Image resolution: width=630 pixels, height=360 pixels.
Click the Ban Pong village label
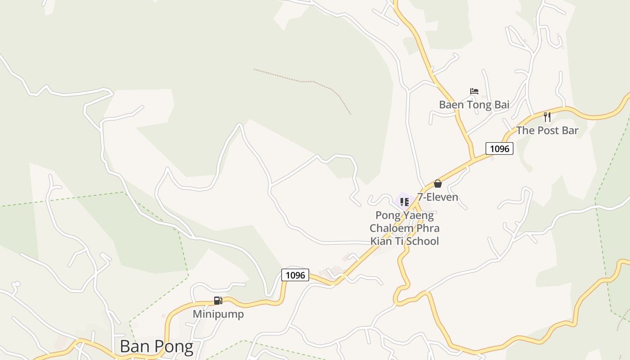pos(156,346)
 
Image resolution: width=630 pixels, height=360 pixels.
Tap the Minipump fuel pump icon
pos(218,301)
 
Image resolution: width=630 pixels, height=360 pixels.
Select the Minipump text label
pos(218,314)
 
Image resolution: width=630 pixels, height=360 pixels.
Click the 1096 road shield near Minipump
pos(295,275)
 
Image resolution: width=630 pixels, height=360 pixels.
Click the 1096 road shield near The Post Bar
pos(499,148)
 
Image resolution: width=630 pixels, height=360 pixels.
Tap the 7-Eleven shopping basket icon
pos(437,184)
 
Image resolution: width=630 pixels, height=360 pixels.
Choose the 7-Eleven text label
pos(437,197)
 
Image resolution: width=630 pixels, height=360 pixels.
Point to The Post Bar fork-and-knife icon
pos(547,117)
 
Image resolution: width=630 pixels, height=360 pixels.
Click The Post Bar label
pos(547,130)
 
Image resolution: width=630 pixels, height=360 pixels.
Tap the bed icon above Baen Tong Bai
pos(474,91)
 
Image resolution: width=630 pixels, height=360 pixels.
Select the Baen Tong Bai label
pos(474,105)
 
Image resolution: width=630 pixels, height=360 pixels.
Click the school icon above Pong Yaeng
pos(404,202)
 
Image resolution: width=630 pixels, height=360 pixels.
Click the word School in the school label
pos(422,241)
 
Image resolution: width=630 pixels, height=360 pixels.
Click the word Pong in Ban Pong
pos(175,346)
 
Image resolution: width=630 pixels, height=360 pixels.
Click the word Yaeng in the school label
pos(418,215)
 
